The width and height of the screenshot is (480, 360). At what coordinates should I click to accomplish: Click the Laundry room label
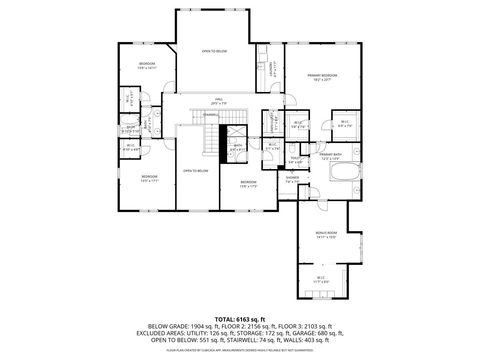[x=271, y=70]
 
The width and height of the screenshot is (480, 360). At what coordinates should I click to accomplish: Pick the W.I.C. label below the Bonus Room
[x=320, y=280]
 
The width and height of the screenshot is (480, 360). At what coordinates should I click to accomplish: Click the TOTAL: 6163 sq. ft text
[x=239, y=318]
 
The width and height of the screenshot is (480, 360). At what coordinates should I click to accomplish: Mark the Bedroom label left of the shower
[x=248, y=183]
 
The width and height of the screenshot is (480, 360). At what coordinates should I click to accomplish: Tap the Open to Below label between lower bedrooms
[x=195, y=171]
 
